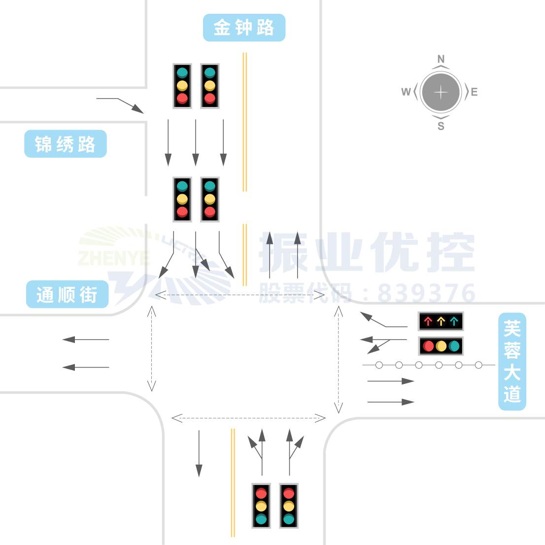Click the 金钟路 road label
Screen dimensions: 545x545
pyautogui.click(x=244, y=28)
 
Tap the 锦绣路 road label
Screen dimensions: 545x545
pyautogui.click(x=65, y=144)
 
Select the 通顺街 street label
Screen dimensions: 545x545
pyautogui.click(x=67, y=295)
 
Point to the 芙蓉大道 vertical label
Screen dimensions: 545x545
pyautogui.click(x=512, y=361)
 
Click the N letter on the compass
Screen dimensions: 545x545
pyautogui.click(x=441, y=59)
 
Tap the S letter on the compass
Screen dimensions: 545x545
pyautogui.click(x=441, y=126)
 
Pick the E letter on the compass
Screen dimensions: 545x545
pyautogui.click(x=474, y=92)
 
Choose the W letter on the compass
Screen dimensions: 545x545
pyautogui.click(x=406, y=92)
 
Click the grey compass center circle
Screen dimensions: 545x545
pyautogui.click(x=441, y=92)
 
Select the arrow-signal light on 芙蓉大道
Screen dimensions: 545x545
pyautogui.click(x=441, y=321)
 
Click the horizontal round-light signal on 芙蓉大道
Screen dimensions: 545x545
pyautogui.click(x=441, y=346)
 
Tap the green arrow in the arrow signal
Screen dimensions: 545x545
pyautogui.click(x=454, y=321)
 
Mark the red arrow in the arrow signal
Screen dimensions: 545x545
pyautogui.click(x=428, y=321)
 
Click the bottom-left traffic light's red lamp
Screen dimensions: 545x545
pyautogui.click(x=261, y=493)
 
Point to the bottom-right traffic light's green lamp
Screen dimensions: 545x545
pyautogui.click(x=289, y=519)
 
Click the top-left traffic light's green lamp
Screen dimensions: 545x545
pyautogui.click(x=182, y=73)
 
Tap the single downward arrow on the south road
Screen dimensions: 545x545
pyautogui.click(x=199, y=453)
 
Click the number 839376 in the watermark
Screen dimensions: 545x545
pyautogui.click(x=426, y=293)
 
